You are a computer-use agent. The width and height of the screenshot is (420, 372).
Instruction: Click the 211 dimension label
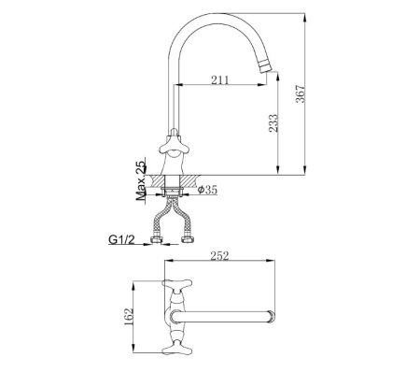point(220,80)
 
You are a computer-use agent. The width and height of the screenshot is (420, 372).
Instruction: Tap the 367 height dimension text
point(301,93)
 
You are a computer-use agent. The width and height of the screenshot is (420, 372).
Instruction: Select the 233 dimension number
point(273,123)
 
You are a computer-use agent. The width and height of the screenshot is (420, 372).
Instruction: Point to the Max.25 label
point(141,180)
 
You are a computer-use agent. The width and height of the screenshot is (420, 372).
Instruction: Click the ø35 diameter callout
point(207,190)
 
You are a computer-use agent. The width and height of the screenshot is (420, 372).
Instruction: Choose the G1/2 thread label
point(121,240)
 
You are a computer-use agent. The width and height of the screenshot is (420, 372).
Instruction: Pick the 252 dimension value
point(219,256)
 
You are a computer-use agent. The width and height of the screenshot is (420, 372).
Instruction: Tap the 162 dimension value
point(129,317)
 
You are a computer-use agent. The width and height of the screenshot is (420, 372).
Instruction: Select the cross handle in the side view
point(174,146)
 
